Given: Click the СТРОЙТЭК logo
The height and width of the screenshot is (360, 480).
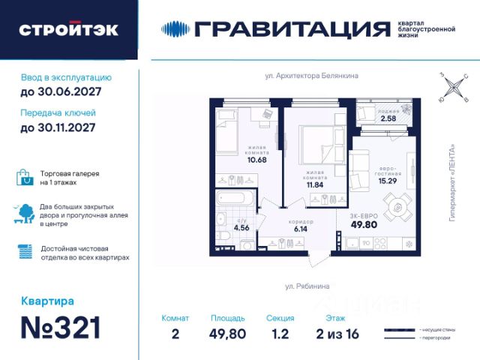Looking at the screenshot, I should pyautogui.click(x=68, y=30).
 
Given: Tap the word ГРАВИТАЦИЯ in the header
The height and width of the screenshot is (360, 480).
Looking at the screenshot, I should pyautogui.click(x=292, y=29).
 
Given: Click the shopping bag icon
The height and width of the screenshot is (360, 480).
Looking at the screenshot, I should pyautogui.click(x=25, y=178).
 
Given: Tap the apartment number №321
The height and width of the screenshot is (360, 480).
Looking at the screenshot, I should pyautogui.click(x=61, y=328).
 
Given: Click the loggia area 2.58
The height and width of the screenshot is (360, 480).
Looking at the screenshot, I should pyautogui.click(x=388, y=118).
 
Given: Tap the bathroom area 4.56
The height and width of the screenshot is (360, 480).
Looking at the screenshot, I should pyautogui.click(x=241, y=227).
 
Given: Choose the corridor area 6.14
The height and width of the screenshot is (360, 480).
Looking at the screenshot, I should pyautogui.click(x=300, y=229).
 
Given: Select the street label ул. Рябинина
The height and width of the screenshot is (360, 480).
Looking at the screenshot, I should pyautogui.click(x=307, y=286).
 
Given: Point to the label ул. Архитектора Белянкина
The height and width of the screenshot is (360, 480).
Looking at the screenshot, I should pyautogui.click(x=311, y=75).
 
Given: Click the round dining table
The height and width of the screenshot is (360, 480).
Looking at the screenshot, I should pyautogui.click(x=397, y=207).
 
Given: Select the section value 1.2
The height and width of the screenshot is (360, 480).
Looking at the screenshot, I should pyautogui.click(x=280, y=334).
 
